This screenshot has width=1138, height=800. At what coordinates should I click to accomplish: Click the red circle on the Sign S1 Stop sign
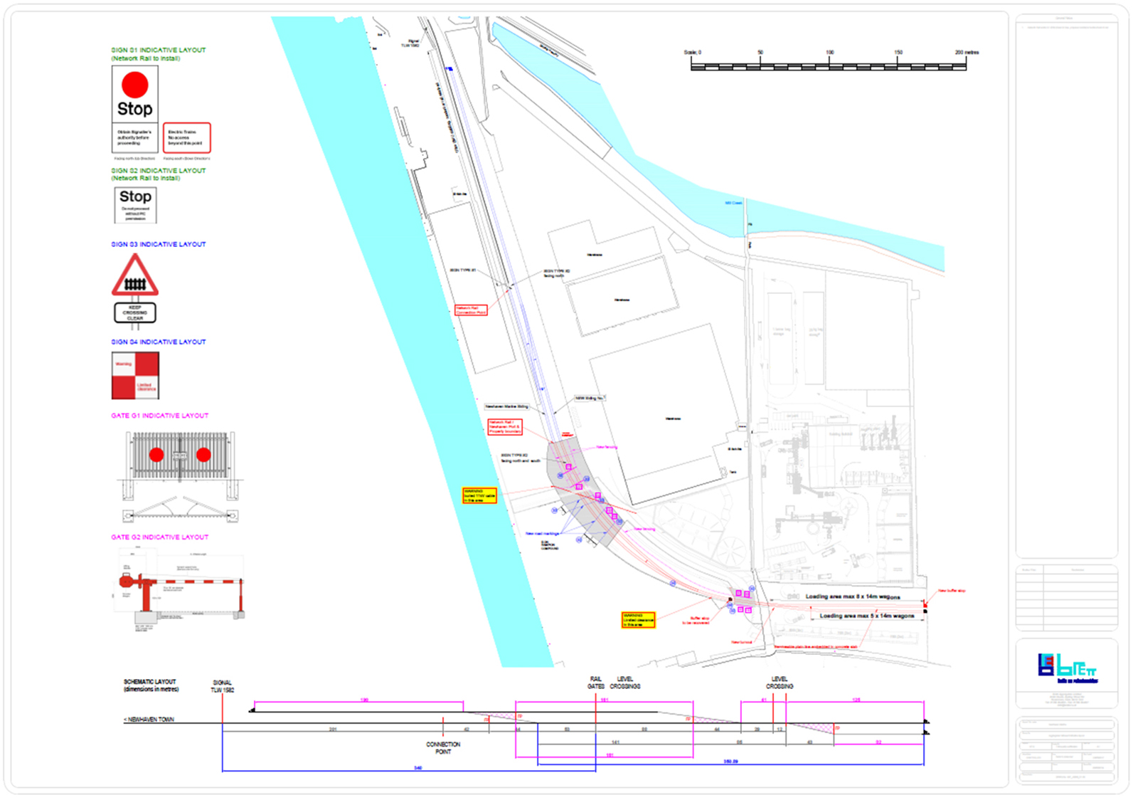134,85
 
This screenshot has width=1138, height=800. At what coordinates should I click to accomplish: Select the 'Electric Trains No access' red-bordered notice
186,137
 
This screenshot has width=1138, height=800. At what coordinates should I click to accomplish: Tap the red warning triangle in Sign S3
134,277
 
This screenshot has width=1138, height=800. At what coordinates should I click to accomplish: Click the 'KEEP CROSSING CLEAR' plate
134,312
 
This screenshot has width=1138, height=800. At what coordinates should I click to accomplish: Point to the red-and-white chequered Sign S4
135,376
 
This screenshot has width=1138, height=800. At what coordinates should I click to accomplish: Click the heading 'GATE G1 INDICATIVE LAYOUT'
159,416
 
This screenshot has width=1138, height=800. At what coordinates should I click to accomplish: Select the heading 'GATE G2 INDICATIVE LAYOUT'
159,537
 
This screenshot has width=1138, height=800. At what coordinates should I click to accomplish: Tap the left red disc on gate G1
156,455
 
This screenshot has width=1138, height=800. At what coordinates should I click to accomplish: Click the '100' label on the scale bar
829,53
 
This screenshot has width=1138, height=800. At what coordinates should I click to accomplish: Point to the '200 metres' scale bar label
967,53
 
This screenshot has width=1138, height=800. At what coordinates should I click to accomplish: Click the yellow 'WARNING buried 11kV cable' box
479,495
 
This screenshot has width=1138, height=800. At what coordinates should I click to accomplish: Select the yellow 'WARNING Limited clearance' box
638,619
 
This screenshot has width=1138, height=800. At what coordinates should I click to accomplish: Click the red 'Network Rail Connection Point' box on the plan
471,310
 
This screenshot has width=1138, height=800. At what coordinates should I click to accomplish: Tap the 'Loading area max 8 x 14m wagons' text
852,596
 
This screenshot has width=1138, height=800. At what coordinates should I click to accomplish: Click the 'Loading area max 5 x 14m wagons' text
866,616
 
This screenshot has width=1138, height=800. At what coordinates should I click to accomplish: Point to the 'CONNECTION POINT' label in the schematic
443,747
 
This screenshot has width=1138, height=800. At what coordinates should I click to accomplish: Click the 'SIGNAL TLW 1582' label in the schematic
222,686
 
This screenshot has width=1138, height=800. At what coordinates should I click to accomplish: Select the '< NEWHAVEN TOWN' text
149,720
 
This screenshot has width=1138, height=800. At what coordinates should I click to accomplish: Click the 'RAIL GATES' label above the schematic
596,683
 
